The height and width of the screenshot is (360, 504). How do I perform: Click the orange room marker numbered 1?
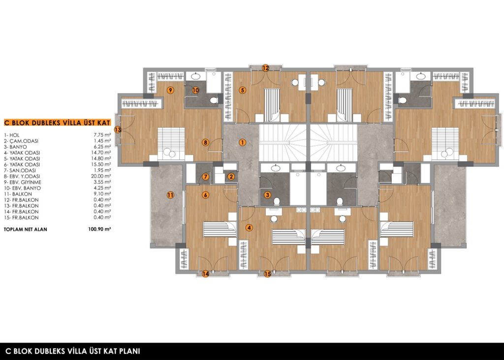(242, 142)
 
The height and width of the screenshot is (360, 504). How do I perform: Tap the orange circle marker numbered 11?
(170, 195)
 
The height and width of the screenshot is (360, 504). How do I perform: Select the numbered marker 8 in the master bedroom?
(205, 142)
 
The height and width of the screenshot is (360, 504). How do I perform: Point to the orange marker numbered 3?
(267, 195)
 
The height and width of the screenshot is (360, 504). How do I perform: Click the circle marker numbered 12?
(265, 68)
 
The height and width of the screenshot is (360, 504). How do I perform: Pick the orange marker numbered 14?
(205, 274)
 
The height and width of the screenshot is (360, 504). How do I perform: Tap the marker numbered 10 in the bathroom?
(195, 91)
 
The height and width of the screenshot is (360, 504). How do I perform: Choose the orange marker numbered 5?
(242, 91)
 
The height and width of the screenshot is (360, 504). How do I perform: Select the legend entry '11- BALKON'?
(18, 194)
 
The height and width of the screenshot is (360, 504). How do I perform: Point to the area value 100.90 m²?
(99, 229)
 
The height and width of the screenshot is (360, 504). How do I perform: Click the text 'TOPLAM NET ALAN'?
(26, 229)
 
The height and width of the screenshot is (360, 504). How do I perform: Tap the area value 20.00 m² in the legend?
(101, 176)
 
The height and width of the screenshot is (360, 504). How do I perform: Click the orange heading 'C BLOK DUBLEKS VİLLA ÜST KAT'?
(57, 123)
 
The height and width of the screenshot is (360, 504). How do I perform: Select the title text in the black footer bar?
(73, 351)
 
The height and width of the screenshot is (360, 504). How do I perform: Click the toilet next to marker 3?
(277, 201)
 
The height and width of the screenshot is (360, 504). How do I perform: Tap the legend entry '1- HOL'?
(12, 135)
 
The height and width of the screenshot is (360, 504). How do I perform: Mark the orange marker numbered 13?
(118, 130)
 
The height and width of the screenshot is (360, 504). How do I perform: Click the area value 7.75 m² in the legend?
(102, 135)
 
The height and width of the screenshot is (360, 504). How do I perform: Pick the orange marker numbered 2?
(231, 176)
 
